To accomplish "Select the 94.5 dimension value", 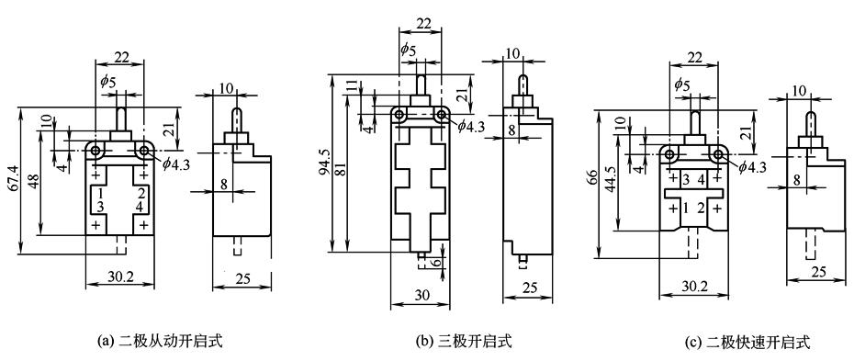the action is (323, 163).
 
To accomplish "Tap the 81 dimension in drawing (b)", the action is (339, 170).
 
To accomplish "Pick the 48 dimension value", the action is (34, 182).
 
